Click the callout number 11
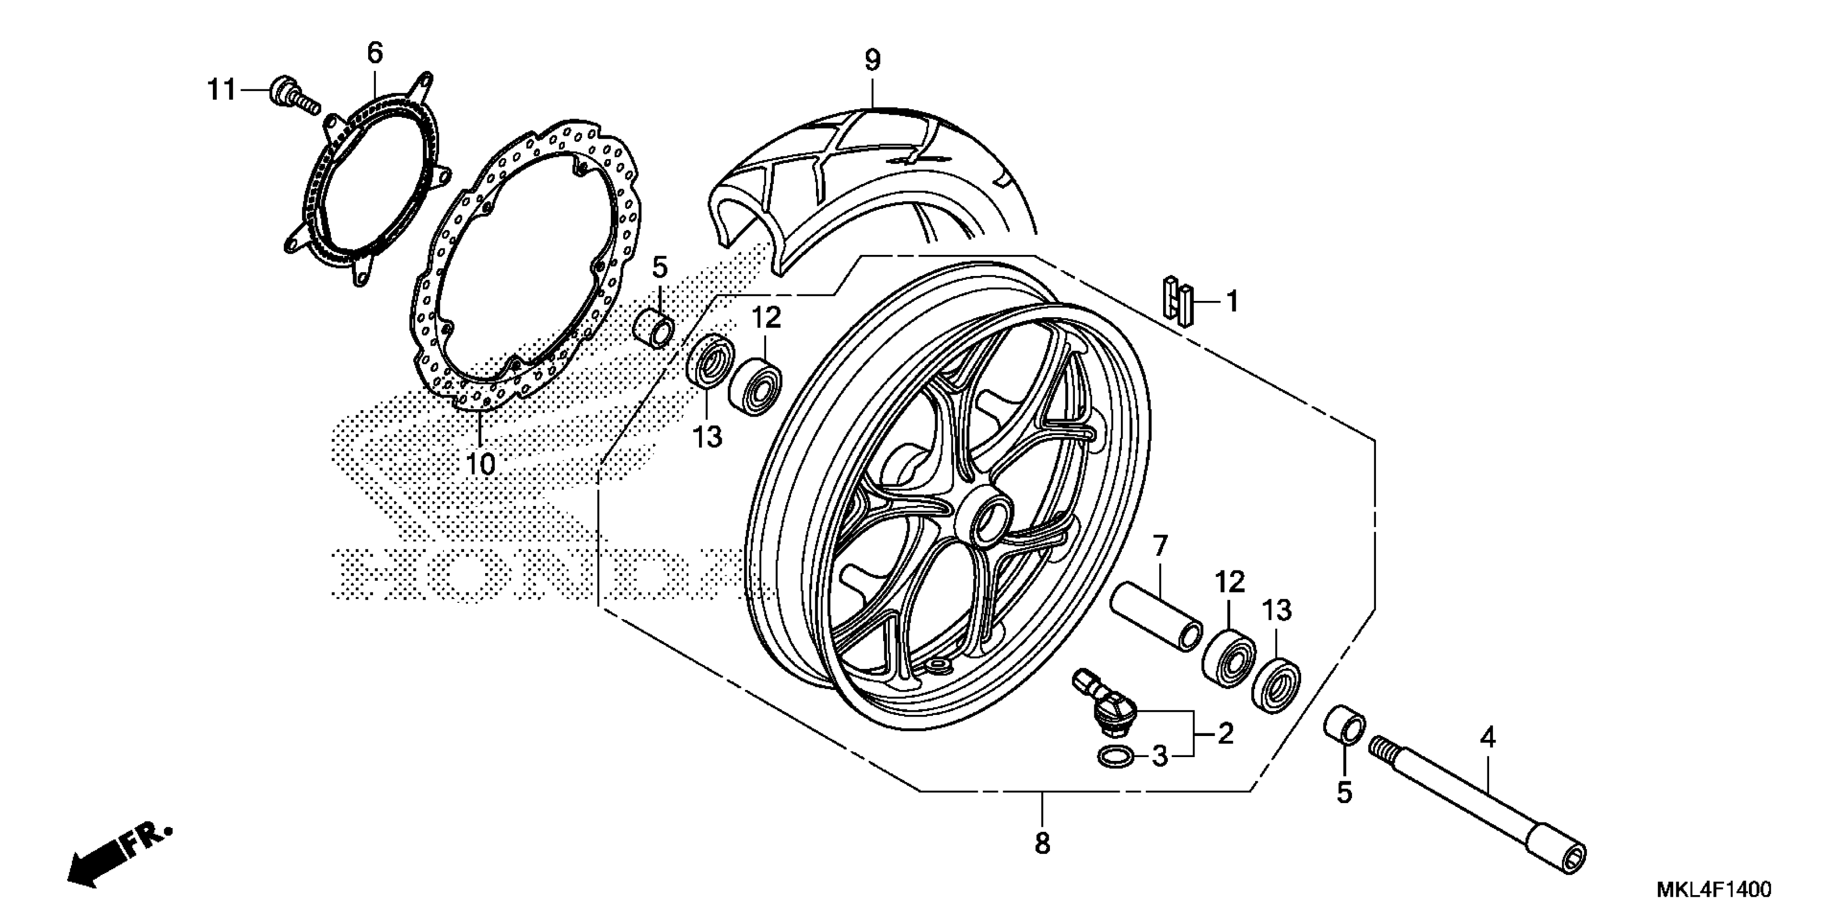click(x=221, y=91)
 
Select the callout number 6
click(x=375, y=53)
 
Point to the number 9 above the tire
click(x=873, y=61)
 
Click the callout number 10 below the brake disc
click(x=481, y=464)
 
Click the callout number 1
click(x=1231, y=301)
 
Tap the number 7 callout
click(x=1159, y=547)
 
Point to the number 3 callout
click(x=1159, y=755)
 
